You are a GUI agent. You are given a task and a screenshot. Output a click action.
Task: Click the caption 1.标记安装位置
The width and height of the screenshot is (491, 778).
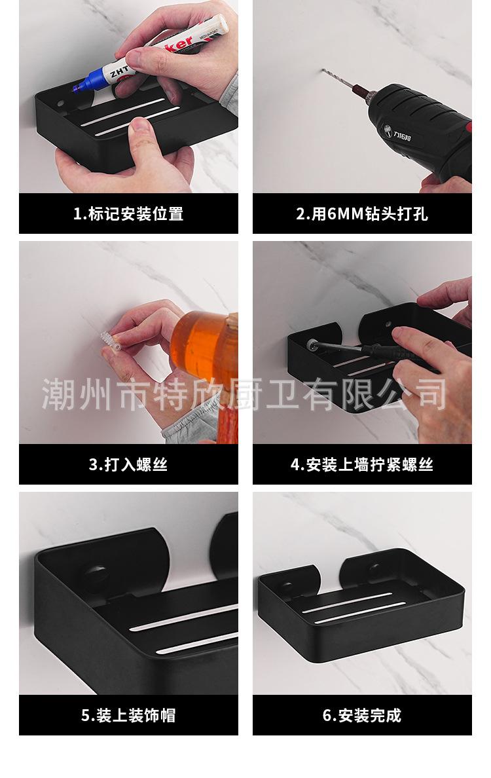[128, 214]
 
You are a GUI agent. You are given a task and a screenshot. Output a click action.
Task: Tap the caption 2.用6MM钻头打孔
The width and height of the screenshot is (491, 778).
[362, 214]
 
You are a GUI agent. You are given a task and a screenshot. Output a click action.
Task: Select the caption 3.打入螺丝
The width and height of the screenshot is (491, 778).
[128, 464]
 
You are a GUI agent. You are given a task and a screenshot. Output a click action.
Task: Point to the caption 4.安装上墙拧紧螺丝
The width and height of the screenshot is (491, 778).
[362, 464]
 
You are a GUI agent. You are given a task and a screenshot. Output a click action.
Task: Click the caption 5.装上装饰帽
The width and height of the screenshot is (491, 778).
[128, 716]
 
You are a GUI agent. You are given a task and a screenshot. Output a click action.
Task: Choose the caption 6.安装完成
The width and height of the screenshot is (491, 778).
[362, 716]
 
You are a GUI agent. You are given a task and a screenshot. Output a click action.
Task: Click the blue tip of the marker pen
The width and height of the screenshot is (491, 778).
[76, 90]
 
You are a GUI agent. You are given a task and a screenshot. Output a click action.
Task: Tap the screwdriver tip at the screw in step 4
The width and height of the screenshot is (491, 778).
[314, 343]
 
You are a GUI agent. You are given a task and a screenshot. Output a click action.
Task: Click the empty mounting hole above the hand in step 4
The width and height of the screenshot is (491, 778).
[388, 324]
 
